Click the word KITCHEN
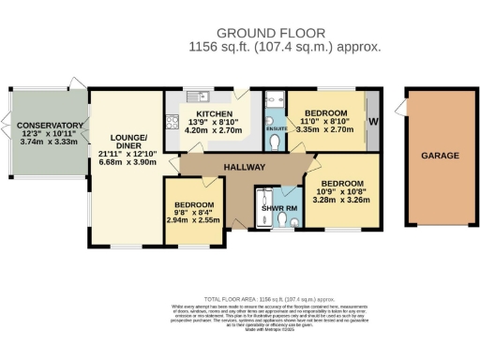point(215,112)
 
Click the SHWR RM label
point(278,208)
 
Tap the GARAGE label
point(438,156)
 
